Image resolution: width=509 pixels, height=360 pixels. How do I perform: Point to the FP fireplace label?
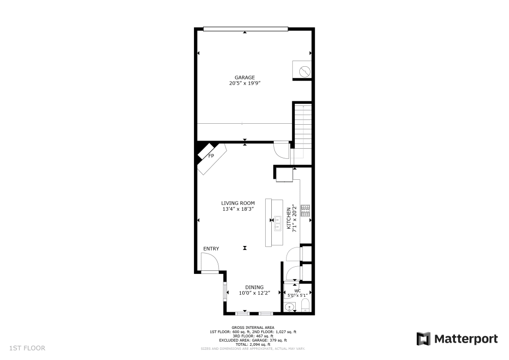(211, 155)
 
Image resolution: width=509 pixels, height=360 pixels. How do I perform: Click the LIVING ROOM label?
(238, 203)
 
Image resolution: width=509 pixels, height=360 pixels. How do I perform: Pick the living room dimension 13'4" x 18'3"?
(238, 209)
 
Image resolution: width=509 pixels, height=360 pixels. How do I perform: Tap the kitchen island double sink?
(278, 224)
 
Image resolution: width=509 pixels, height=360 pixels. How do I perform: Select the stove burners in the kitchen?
(305, 211)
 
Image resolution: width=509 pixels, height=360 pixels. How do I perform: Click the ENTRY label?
(211, 249)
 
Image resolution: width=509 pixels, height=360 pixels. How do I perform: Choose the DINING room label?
(254, 287)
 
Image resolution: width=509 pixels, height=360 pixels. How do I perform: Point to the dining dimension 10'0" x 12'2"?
(254, 293)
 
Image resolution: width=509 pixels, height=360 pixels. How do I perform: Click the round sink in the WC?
(289, 307)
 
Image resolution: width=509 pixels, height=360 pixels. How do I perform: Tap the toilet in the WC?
(305, 306)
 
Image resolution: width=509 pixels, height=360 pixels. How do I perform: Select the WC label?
(297, 291)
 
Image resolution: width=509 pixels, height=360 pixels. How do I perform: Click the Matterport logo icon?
(423, 339)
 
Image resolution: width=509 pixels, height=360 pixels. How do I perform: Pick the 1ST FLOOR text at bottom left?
(27, 348)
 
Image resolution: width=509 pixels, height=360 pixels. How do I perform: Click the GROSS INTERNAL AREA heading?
(253, 327)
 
